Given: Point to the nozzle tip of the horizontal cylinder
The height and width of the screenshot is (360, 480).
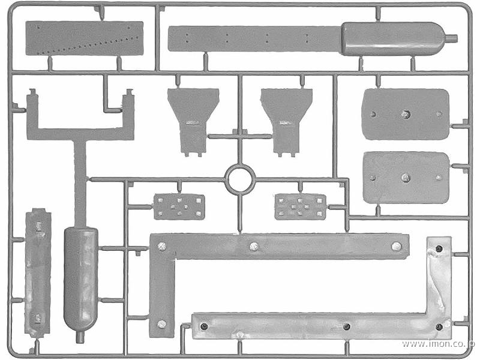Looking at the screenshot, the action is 456,38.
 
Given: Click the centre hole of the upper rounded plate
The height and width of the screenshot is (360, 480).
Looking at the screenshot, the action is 406,114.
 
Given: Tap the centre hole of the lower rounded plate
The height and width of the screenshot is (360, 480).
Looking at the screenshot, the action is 406,177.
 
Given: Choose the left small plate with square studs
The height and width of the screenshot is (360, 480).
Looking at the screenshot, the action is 179,206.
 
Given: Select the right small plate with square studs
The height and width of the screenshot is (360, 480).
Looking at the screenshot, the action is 301,206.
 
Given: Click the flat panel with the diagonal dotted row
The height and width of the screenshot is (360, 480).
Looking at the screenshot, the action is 84,38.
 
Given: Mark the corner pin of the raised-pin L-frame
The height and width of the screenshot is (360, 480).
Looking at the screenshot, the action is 161,246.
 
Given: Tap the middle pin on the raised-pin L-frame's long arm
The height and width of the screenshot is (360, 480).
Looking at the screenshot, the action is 254,246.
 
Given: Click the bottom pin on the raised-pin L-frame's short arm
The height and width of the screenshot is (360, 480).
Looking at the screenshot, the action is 161,324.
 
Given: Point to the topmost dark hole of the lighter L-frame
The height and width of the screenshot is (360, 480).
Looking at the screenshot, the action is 439,248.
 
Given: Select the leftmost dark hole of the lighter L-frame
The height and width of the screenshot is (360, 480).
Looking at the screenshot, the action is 204,326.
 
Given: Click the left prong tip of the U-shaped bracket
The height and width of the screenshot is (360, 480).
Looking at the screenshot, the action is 32,91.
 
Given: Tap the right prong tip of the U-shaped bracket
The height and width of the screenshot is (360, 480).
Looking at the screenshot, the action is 130,91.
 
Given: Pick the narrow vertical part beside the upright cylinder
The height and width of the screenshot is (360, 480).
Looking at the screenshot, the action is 38,272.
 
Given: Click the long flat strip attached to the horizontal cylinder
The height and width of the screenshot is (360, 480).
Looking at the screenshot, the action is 254,39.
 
